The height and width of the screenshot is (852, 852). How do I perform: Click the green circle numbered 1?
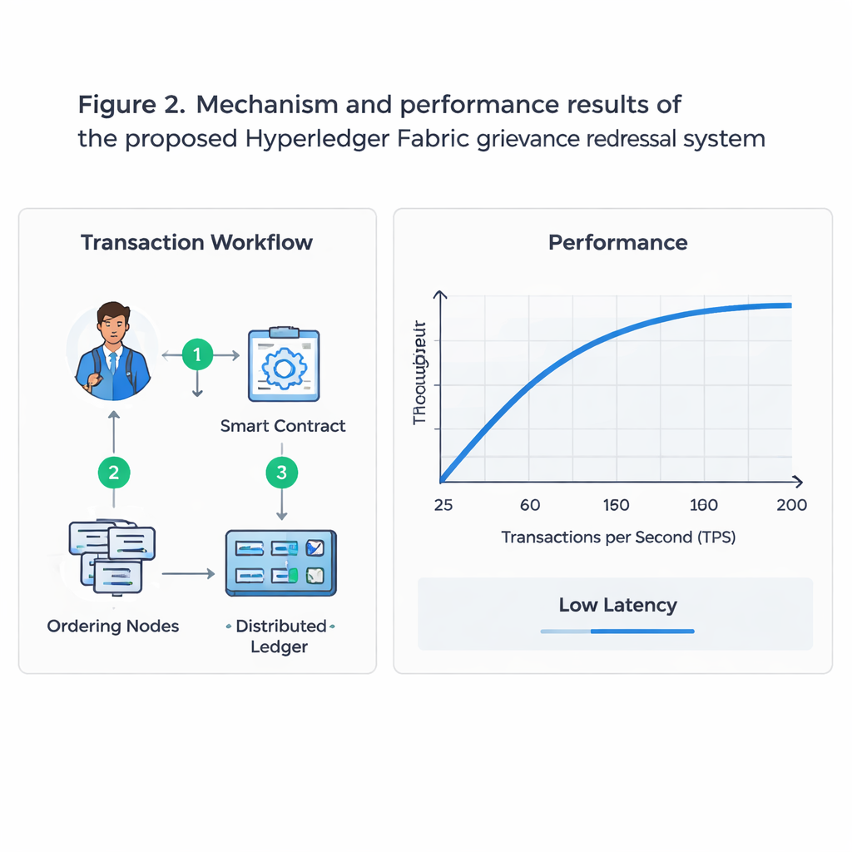(197, 355)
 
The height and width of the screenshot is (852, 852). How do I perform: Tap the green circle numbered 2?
(114, 473)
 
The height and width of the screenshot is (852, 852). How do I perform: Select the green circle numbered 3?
(281, 473)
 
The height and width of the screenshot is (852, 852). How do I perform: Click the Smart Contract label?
(283, 426)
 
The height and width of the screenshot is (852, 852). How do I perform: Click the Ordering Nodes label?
(113, 626)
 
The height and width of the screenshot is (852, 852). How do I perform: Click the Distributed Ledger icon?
(281, 562)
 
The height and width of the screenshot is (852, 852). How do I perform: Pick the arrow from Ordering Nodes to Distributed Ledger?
(188, 573)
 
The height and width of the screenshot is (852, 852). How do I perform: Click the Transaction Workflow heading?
(197, 242)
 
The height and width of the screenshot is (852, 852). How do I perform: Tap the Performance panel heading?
(618, 242)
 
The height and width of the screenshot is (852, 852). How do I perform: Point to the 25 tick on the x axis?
(443, 505)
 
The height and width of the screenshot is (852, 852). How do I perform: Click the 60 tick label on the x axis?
(530, 505)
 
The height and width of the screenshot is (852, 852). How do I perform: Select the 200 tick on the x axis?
(790, 505)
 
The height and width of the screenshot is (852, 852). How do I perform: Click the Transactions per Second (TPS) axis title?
(618, 537)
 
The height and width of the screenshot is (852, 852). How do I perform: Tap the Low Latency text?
(618, 605)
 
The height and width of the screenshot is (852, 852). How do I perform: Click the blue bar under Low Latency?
(618, 632)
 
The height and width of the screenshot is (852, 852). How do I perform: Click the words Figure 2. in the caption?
(132, 105)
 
